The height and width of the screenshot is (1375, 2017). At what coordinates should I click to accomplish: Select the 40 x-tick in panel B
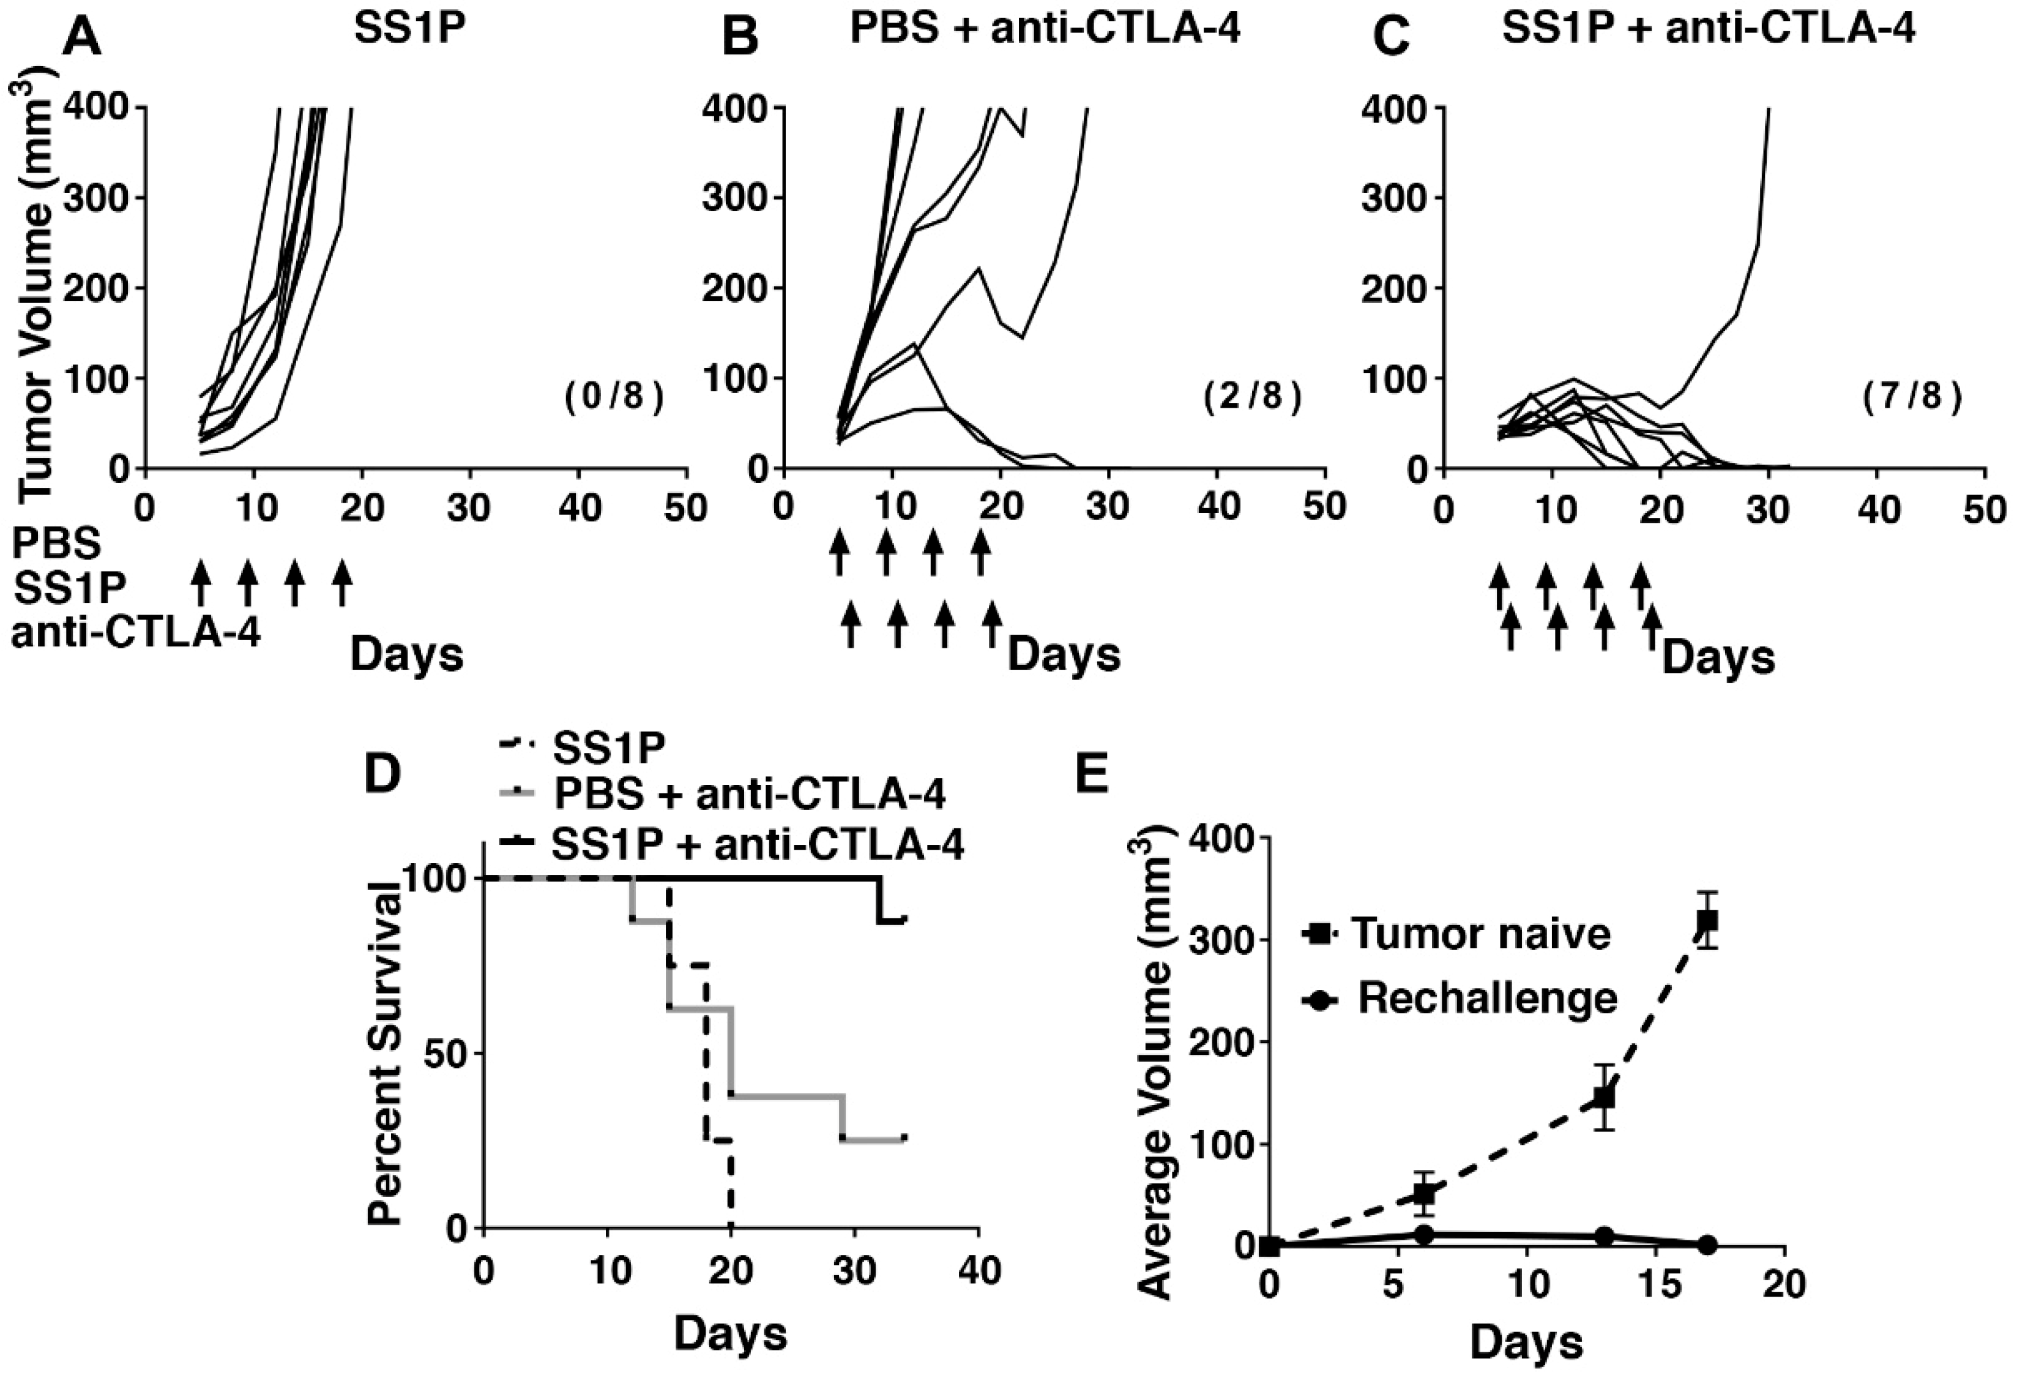tap(1218, 506)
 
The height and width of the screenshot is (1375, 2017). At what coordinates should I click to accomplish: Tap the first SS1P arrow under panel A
tap(201, 582)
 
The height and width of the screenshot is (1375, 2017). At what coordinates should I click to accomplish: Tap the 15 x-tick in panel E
tap(1655, 1284)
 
